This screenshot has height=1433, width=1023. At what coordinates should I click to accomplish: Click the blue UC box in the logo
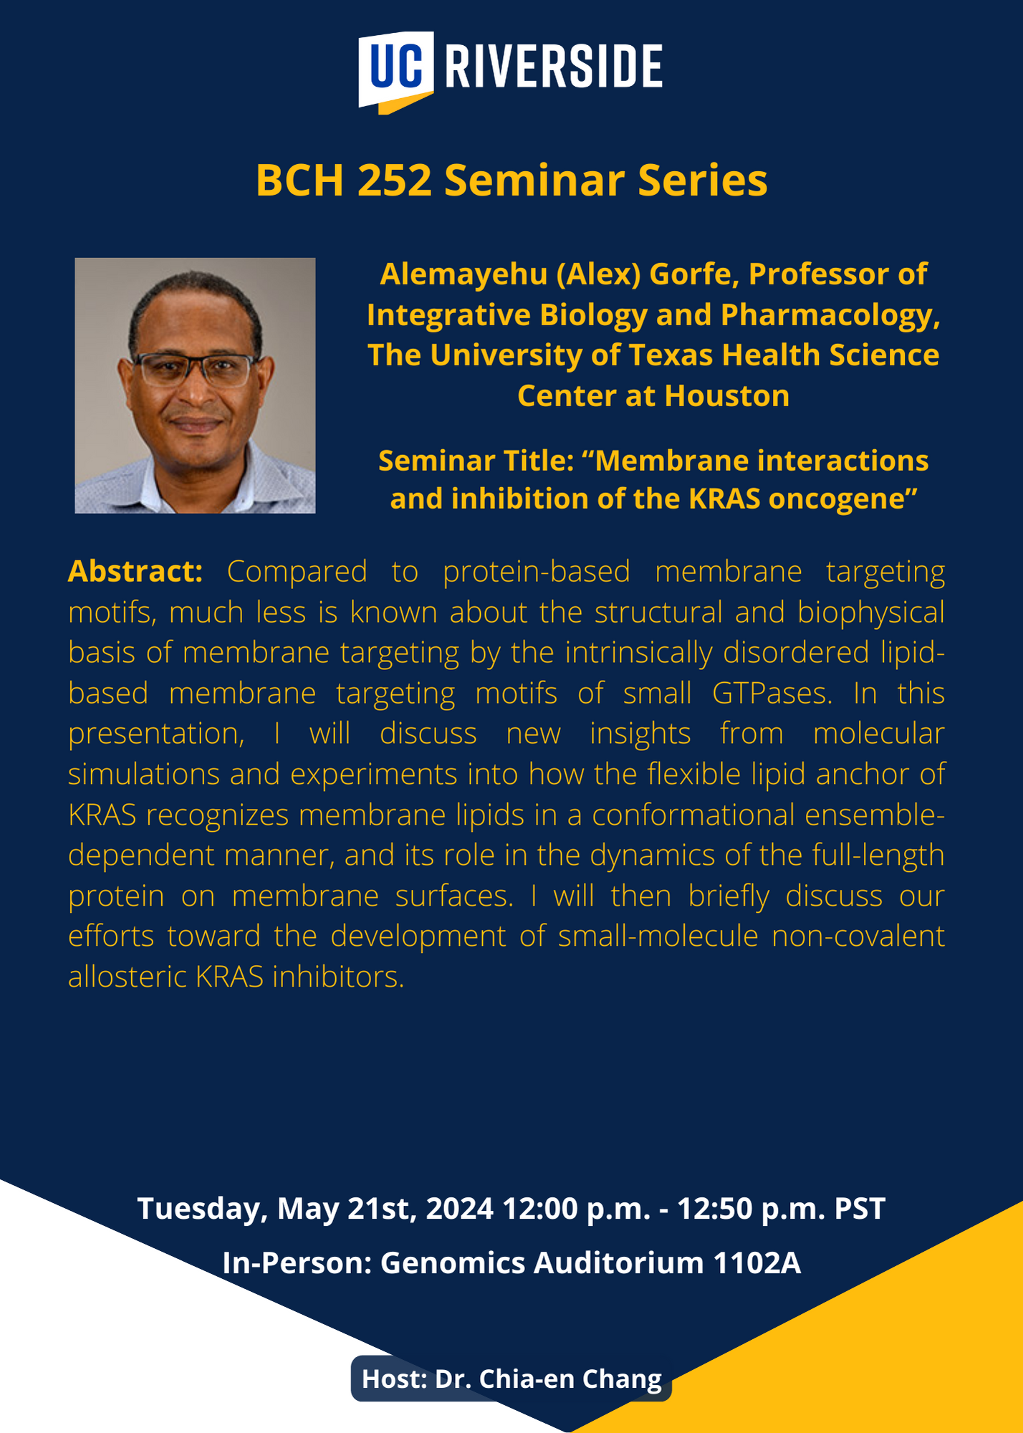pos(396,68)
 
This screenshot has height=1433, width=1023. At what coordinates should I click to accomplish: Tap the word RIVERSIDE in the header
pos(554,67)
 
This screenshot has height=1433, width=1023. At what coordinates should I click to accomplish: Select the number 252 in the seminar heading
pos(395,180)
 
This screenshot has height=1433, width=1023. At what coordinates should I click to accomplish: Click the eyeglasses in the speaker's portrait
pos(195,369)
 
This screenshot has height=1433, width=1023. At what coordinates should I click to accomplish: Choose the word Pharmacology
pos(830,315)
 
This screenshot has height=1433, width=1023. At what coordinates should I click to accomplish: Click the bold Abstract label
pos(135,571)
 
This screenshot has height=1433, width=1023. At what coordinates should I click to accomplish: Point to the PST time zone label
pos(860,1209)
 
